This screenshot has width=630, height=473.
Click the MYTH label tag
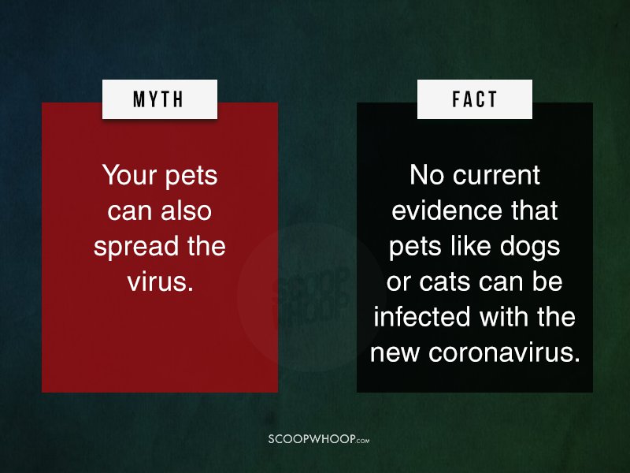coord(160,99)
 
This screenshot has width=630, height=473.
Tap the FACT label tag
coord(475,99)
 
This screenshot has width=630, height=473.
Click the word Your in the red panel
coord(129,175)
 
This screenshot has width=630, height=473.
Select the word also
coord(186,210)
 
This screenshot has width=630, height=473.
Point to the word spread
coord(136,246)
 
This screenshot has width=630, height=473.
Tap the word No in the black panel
coord(427,175)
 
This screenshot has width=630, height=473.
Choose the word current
coord(496,175)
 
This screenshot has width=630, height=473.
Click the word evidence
coord(447,210)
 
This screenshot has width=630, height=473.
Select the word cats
coord(444,281)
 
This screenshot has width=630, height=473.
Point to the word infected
coord(422,317)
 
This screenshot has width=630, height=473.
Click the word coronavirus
coord(504,352)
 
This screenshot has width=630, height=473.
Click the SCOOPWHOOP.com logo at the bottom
coord(319,438)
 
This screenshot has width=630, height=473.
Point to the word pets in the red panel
coord(191,176)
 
